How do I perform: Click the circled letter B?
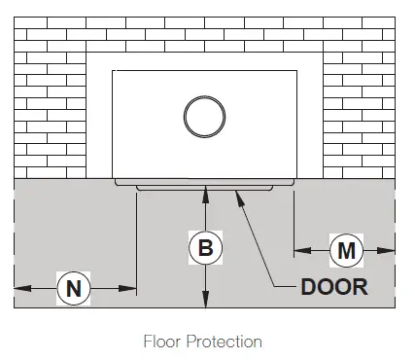point(205,247)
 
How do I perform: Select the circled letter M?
point(346,250)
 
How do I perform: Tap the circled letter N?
point(73,287)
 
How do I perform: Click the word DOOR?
point(334,287)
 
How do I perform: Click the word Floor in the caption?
point(162,342)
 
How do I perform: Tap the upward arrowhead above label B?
point(205,196)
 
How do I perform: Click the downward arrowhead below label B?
point(205,302)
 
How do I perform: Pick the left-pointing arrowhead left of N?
point(19,287)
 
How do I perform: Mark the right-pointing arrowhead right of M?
point(391,250)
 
